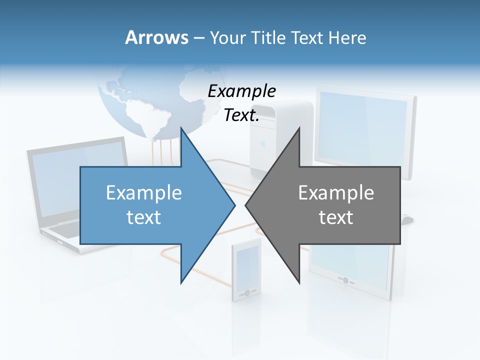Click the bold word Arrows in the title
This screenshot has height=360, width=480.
click(156, 37)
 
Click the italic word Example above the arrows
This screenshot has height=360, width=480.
click(242, 91)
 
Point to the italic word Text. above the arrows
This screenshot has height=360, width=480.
click(242, 115)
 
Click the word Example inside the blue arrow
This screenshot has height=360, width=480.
click(144, 193)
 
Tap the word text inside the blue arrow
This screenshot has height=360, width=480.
click(144, 217)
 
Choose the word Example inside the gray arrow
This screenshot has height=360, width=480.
click(336, 193)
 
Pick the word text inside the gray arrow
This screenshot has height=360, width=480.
click(336, 217)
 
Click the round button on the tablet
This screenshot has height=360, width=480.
click(345, 280)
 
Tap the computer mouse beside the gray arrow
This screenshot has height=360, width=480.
click(407, 219)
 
